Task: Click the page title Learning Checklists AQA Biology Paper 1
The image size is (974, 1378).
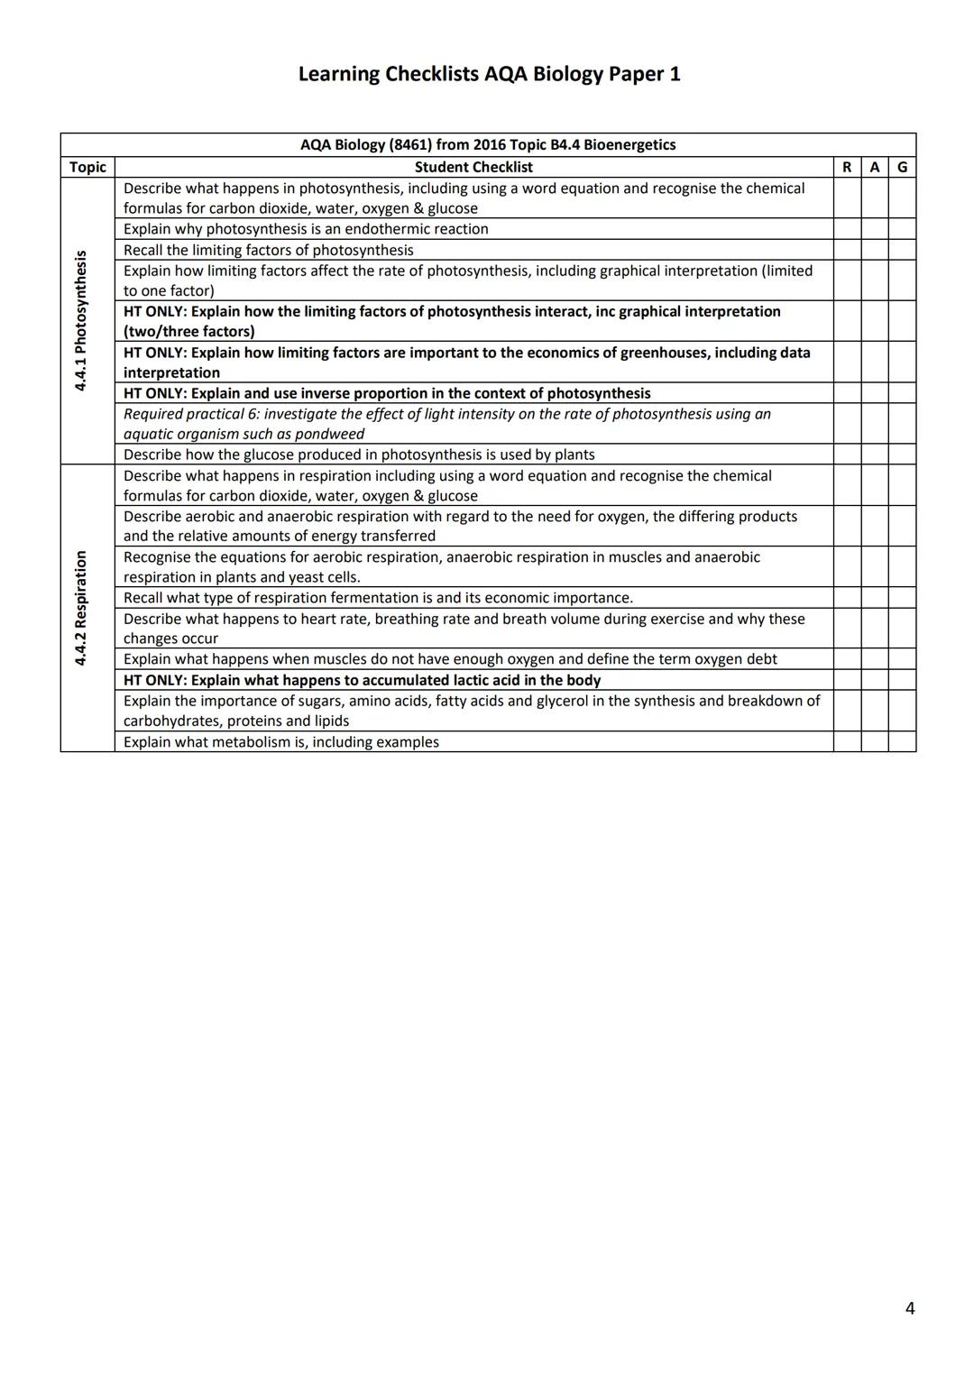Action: point(489,74)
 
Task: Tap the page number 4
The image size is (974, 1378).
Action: point(910,1309)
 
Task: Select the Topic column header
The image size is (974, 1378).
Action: point(87,167)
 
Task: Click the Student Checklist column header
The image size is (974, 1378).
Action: point(473,167)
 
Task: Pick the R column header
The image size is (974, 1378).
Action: point(847,167)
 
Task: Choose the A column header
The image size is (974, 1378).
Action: point(874,167)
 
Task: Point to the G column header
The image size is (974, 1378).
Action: point(902,167)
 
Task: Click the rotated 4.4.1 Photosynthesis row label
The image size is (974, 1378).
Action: point(81,321)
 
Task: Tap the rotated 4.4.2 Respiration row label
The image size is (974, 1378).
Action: point(81,608)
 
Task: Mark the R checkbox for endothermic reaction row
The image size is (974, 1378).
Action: point(847,229)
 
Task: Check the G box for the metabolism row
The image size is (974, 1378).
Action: point(902,742)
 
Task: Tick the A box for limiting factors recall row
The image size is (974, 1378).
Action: point(874,250)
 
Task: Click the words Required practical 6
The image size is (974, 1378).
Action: point(190,414)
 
